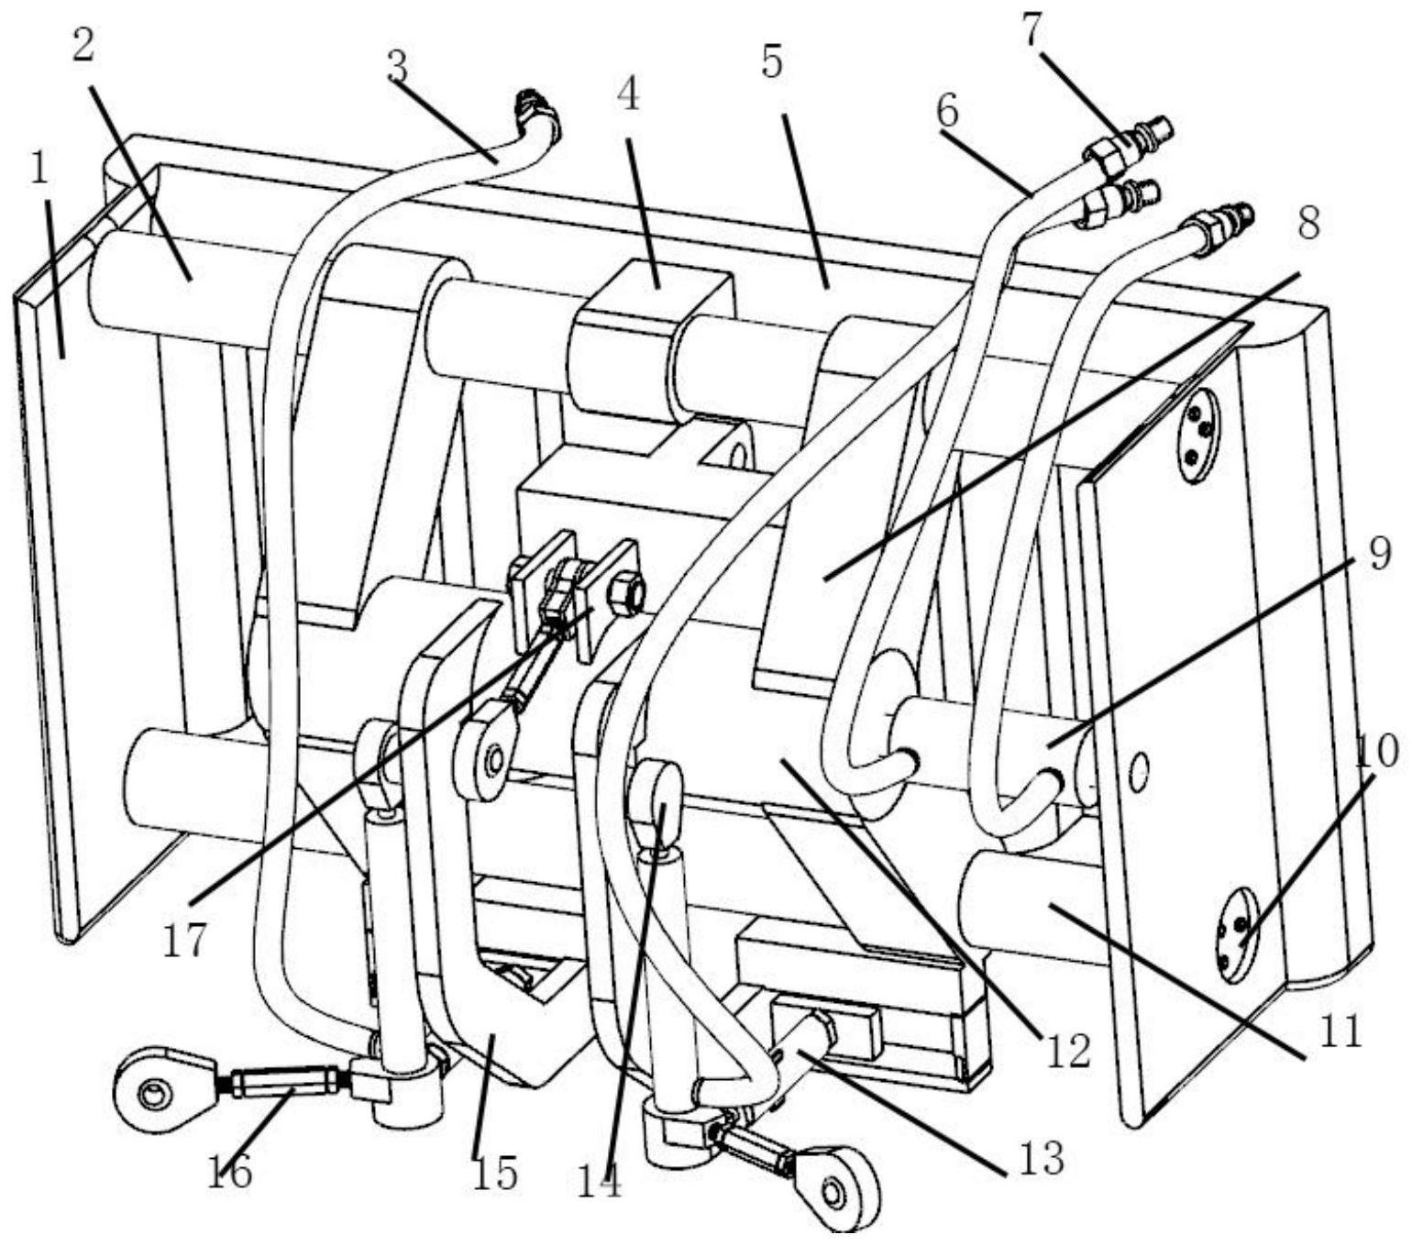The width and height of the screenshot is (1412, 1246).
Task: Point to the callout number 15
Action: tap(495, 1172)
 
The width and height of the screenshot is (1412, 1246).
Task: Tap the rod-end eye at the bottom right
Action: tap(836, 1190)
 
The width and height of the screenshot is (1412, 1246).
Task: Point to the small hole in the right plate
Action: tap(1140, 771)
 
